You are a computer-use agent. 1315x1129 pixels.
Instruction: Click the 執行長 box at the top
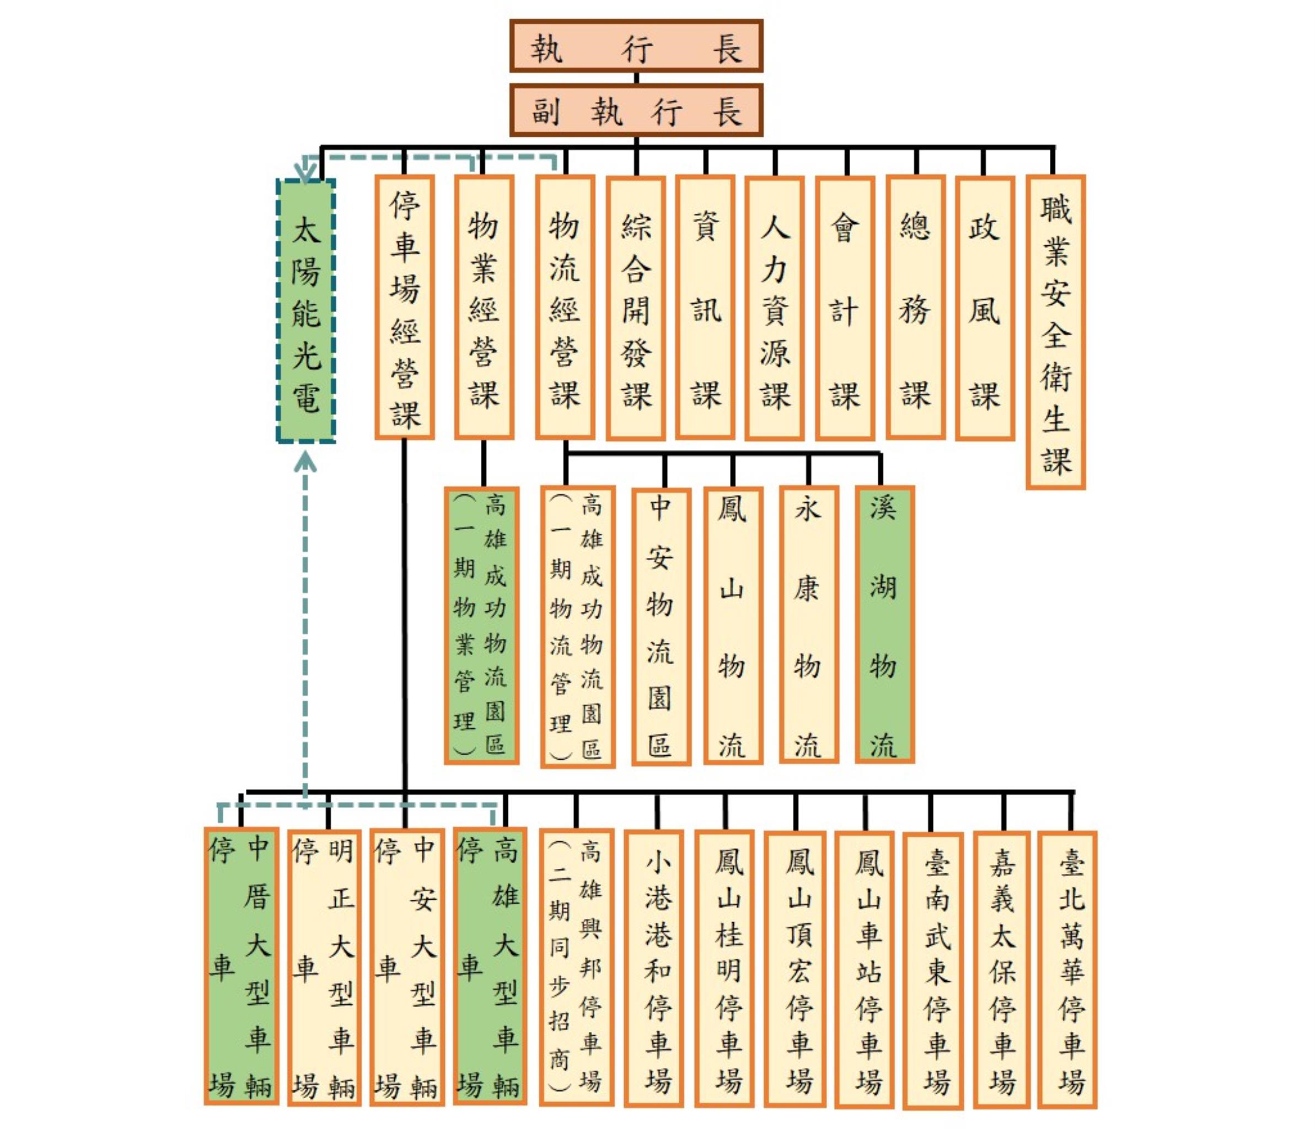pyautogui.click(x=636, y=46)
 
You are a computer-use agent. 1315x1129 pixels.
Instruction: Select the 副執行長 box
pyautogui.click(x=636, y=110)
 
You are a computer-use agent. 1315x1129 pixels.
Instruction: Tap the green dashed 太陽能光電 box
pyautogui.click(x=306, y=310)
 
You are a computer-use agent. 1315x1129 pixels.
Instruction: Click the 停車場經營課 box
pyautogui.click(x=404, y=308)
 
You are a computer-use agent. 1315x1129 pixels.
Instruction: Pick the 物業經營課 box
pyautogui.click(x=484, y=308)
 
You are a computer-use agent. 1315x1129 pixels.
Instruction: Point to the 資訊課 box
pyautogui.click(x=705, y=308)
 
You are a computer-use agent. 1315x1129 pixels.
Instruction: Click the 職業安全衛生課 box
pyautogui.click(x=1055, y=332)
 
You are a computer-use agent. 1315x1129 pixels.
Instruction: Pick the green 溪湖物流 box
pyautogui.click(x=884, y=625)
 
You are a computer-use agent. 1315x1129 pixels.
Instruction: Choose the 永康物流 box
pyautogui.click(x=808, y=625)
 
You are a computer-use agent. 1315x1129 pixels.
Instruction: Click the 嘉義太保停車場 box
pyautogui.click(x=1001, y=969)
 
